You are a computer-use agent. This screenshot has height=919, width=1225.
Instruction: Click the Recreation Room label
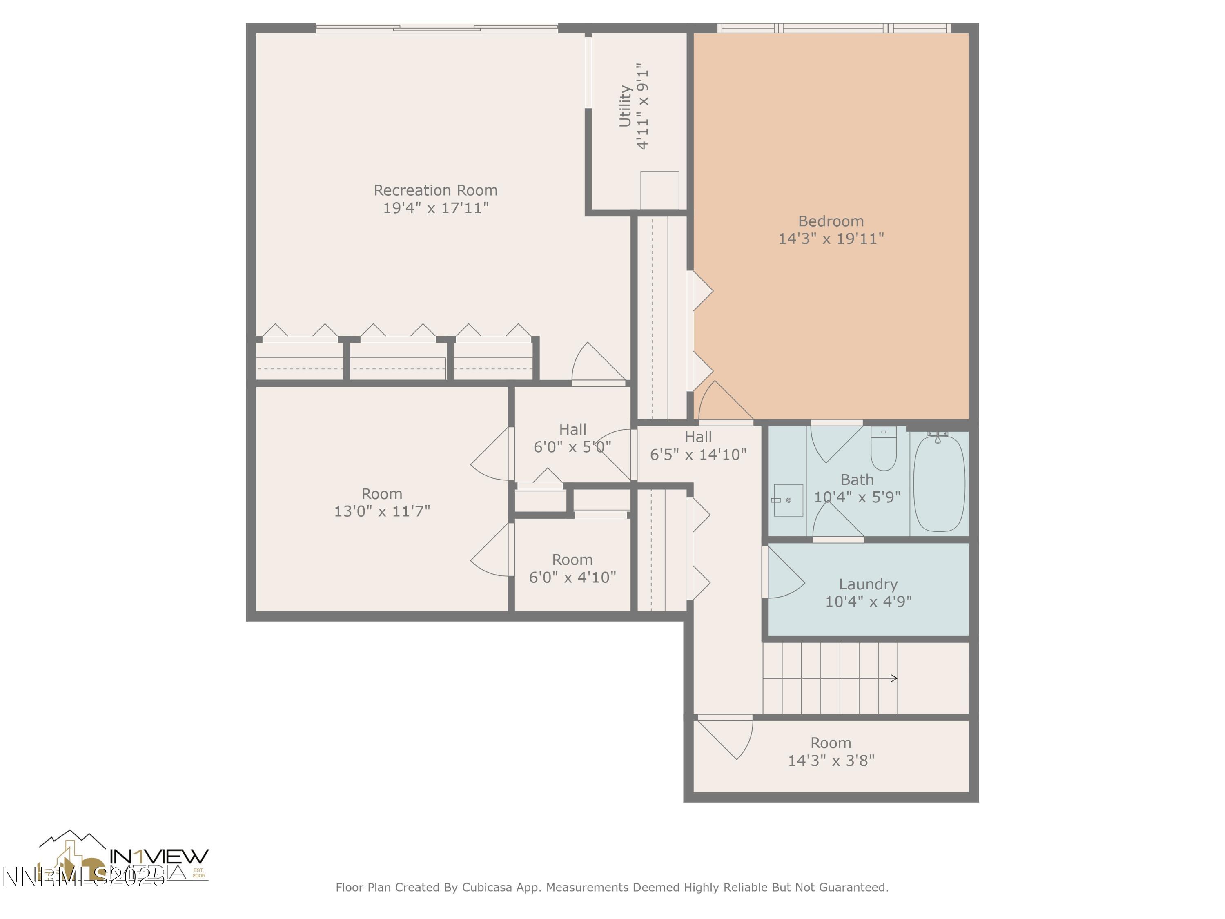click(435, 191)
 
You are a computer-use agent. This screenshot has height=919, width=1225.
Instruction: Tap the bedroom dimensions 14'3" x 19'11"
click(831, 239)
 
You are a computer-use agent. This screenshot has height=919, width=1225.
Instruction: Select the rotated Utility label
click(625, 106)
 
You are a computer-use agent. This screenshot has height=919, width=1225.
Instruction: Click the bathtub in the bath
click(939, 484)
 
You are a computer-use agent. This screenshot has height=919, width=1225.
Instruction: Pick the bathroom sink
click(788, 500)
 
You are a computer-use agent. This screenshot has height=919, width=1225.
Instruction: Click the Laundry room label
click(868, 584)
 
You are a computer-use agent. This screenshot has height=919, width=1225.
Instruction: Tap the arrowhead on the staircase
click(893, 678)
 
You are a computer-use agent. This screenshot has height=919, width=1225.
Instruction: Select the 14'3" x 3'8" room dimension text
click(831, 761)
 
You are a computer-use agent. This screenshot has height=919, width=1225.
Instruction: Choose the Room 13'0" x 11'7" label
click(381, 502)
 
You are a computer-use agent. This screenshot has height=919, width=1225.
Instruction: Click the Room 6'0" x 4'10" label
click(572, 569)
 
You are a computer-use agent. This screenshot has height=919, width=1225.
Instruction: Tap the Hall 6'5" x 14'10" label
click(698, 445)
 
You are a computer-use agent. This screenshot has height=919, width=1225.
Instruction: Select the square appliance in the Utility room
click(659, 190)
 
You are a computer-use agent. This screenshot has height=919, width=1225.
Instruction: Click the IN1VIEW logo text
click(159, 857)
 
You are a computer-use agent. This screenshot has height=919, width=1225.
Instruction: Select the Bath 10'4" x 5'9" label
click(857, 488)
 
